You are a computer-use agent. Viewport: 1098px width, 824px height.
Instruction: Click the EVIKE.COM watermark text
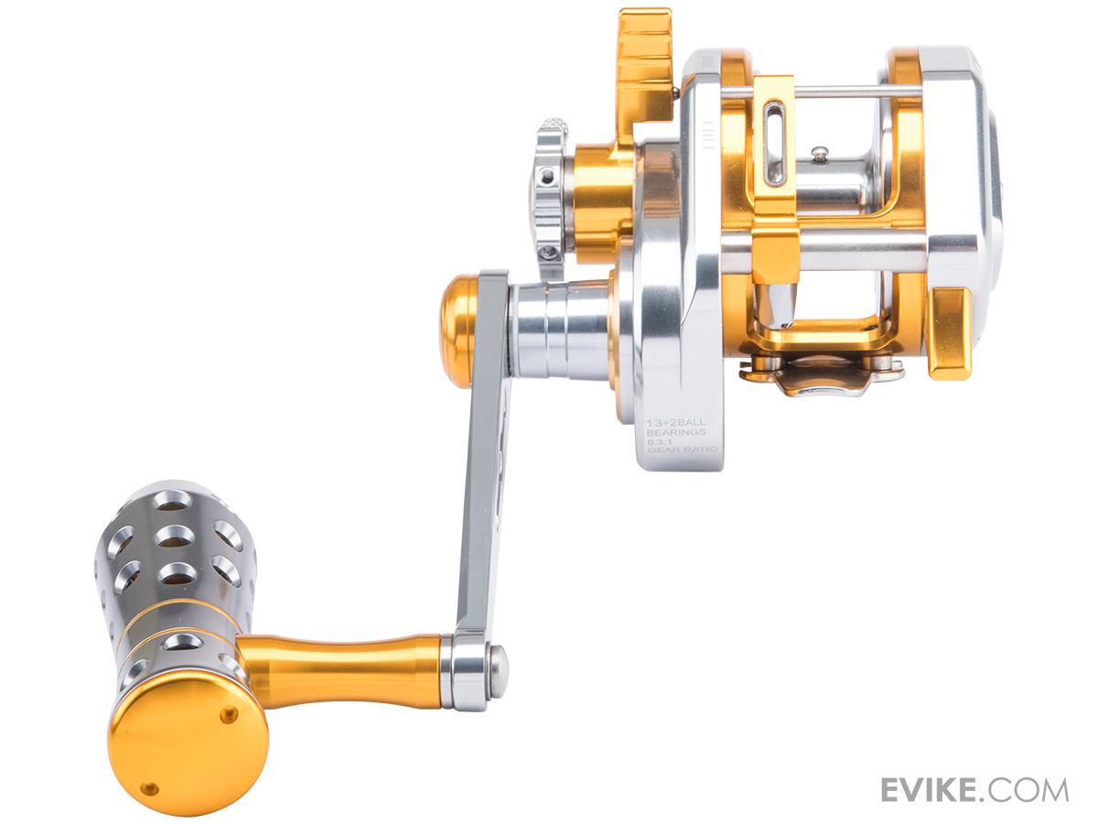point(974,763)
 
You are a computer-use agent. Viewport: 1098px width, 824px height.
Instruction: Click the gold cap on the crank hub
point(459,320)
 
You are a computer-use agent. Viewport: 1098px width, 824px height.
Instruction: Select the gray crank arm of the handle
point(484,461)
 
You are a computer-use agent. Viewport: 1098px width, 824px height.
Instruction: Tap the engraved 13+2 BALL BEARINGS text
point(676,427)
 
